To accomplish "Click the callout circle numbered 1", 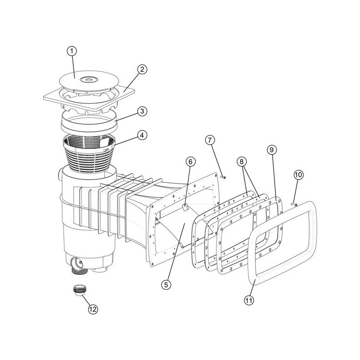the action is pos(72,51).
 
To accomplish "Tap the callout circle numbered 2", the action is pos(142,69).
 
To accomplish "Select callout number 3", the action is pos(142,111).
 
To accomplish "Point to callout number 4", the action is pos(142,135).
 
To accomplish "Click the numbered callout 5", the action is pos(166,285).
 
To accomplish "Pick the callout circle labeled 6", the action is pos(190,162).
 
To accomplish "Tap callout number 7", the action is pos(210,140).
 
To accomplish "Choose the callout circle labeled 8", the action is pos(242,162).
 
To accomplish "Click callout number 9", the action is pos(272,150).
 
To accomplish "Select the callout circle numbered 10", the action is pos(298,175).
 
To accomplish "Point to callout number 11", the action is pos(249,300).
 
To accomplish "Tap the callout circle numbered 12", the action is pos(93,309).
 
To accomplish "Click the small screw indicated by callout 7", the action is pos(223,177).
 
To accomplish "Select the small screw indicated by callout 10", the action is pos(294,204).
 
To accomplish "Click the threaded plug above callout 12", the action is pos(79,290).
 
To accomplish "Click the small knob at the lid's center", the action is pos(89,80).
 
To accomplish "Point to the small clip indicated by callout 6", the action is pos(185,207).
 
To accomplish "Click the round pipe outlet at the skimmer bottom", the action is pos(77,264).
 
